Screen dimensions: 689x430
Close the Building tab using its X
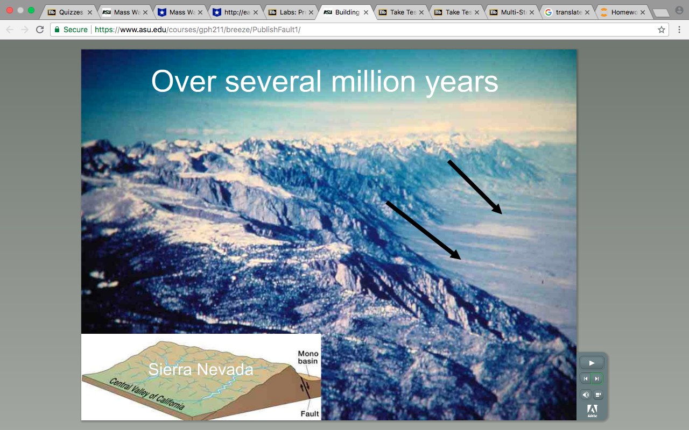(366, 12)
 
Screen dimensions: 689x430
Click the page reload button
(40, 30)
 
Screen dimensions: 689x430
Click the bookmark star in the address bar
(662, 30)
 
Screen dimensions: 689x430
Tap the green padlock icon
(57, 30)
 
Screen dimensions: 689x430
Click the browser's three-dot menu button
(679, 30)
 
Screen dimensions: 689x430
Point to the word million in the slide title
(373, 81)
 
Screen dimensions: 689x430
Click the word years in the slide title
(462, 83)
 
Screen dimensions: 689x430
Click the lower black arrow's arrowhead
(456, 255)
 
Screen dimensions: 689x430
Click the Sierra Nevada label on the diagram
(201, 369)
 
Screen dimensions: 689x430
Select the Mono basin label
(308, 357)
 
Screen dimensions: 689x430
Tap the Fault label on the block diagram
(310, 414)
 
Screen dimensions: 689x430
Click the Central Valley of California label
(147, 394)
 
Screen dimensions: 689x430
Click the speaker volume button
(586, 395)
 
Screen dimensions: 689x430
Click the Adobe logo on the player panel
(593, 411)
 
